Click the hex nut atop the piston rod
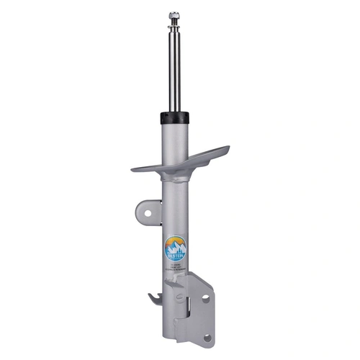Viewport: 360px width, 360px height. coord(174,15)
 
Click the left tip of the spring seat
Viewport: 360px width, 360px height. coord(134,170)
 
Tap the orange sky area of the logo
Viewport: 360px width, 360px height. coord(175,240)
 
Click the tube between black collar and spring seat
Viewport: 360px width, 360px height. coord(174,137)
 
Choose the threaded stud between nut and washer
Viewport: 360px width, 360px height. coord(174,22)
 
